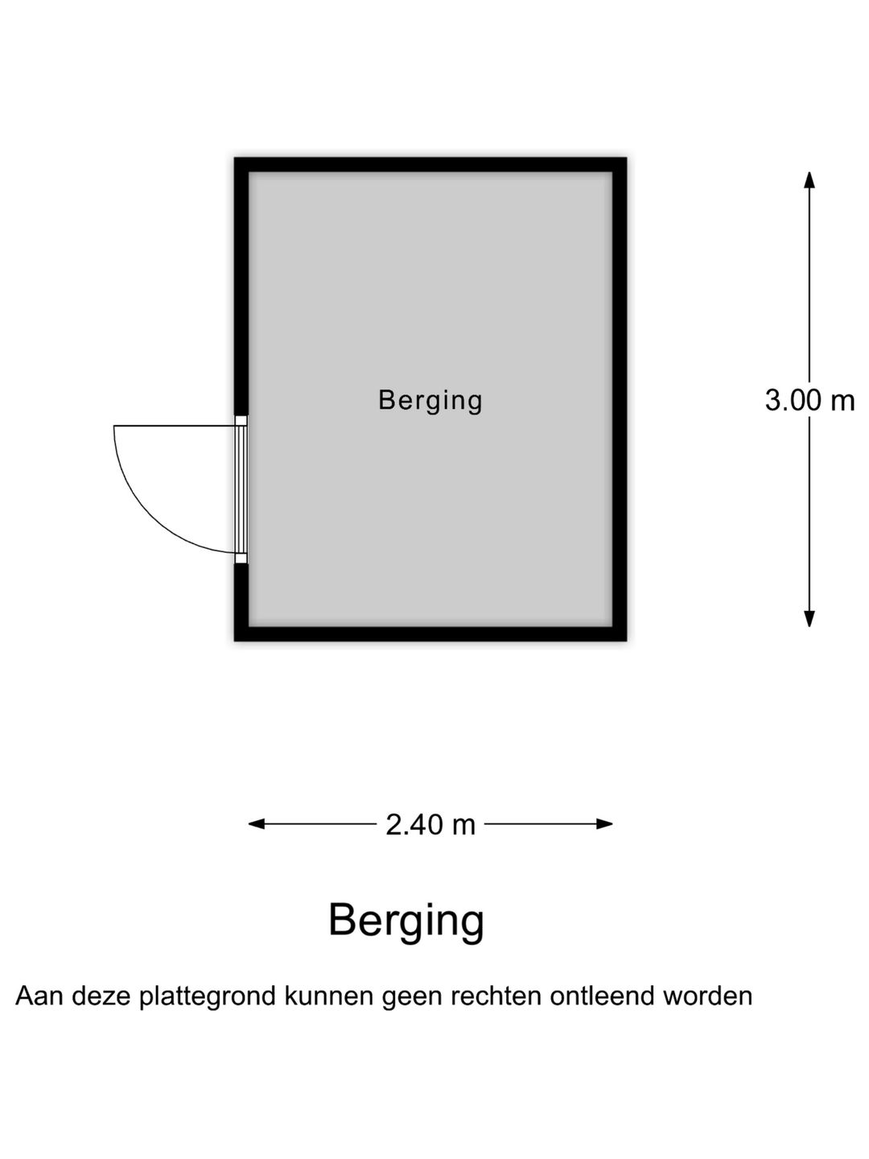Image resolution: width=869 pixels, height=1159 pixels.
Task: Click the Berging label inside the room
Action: (x=430, y=401)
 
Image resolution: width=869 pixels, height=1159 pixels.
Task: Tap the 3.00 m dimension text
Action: (x=809, y=400)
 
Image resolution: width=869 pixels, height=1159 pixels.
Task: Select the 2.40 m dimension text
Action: (x=430, y=825)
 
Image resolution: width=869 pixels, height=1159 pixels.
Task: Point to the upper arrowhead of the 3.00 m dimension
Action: (x=809, y=179)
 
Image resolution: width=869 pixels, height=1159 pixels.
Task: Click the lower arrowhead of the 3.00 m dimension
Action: (x=809, y=619)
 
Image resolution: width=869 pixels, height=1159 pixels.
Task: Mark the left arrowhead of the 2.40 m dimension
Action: (x=257, y=823)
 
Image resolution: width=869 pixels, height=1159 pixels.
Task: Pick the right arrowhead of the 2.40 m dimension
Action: (x=604, y=823)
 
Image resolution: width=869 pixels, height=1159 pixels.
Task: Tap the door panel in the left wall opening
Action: (x=241, y=489)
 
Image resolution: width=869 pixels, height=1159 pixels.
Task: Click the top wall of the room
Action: (x=430, y=165)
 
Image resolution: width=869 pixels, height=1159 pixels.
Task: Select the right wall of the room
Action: (x=620, y=399)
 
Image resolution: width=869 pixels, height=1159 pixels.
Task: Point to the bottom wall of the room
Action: (x=430, y=633)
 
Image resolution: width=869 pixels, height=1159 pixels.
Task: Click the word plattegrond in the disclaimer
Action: (x=208, y=997)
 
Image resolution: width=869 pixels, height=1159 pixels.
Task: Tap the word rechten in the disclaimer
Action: (x=496, y=996)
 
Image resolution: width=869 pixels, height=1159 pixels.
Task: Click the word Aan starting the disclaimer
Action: (x=39, y=996)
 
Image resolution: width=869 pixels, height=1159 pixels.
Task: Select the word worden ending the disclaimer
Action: (x=707, y=996)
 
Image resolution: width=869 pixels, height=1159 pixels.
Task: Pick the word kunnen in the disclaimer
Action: (x=329, y=996)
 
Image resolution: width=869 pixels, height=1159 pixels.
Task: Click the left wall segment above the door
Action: (x=241, y=287)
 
